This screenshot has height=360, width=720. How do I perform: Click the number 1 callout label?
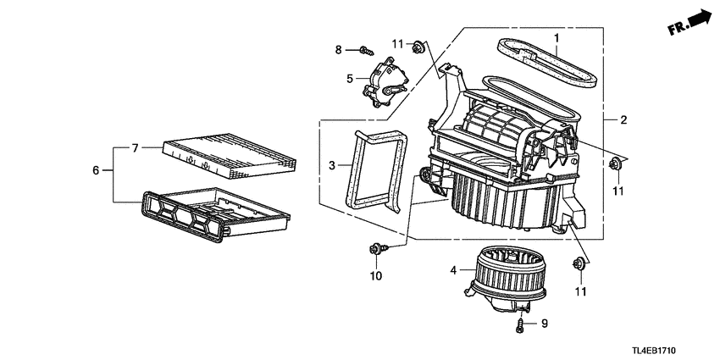[x=557, y=38]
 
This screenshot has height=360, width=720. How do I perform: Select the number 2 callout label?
[x=623, y=119]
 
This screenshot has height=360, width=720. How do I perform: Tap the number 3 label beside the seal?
[x=332, y=164]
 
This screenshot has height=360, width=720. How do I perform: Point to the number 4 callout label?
[x=454, y=270]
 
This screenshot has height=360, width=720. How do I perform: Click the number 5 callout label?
[x=349, y=79]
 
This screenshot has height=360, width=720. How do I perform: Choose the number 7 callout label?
[x=134, y=148]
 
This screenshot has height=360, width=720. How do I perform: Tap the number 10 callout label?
[x=376, y=276]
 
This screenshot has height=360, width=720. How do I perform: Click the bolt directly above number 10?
[x=375, y=249]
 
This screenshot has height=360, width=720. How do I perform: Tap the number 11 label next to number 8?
[x=397, y=44]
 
